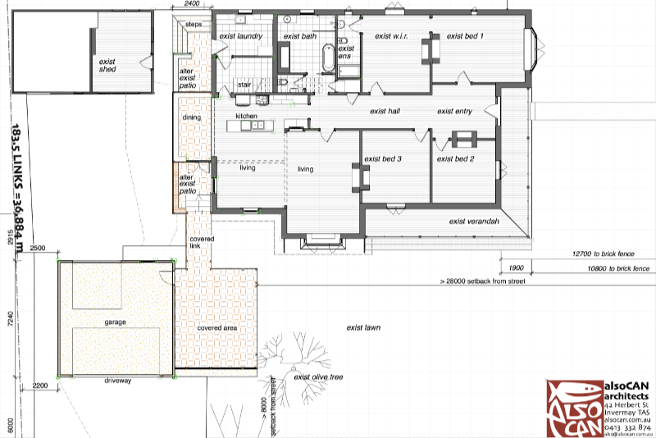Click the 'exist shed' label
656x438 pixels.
[107, 66]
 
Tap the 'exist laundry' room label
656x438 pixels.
[240, 37]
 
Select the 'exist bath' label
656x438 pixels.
[300, 37]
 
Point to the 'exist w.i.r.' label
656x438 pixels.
[391, 36]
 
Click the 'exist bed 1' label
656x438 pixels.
[465, 36]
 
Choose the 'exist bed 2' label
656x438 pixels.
[456, 159]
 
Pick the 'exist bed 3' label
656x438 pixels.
[382, 159]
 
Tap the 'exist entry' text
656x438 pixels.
[457, 112]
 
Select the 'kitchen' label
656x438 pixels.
[247, 116]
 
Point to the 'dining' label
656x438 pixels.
[191, 117]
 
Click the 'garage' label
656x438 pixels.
[115, 322]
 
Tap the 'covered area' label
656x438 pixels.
[217, 327]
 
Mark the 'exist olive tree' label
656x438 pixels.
[318, 377]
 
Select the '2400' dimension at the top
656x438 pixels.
[192, 4]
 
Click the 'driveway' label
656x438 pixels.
[118, 381]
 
